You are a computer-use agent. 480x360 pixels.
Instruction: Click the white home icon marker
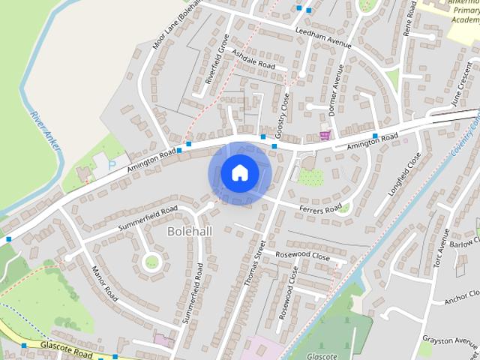tap(239, 173)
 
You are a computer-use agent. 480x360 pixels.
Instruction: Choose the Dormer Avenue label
tap(336, 89)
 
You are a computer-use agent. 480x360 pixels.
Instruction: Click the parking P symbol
tap(112, 163)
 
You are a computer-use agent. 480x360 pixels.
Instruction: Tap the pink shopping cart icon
tap(325, 136)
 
